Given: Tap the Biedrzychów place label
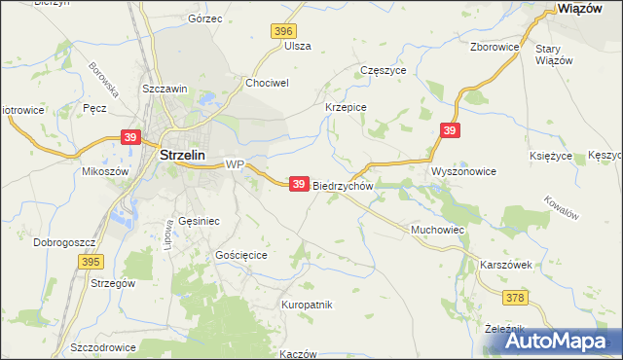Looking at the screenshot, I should coord(343,185).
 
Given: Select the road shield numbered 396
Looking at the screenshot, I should coord(282,32).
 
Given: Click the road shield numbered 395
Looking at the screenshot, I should coord(92,262).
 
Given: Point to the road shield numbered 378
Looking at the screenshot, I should coord(516,297).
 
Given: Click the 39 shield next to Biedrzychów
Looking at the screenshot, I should coord(300,183).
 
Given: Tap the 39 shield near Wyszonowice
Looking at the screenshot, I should coord(449,130).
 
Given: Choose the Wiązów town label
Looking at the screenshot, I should coord(583,8).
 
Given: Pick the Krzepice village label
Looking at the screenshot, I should coord(345,107).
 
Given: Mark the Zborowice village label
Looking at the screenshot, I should coord(494,46).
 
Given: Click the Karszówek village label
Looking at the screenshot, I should coord(505,265).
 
